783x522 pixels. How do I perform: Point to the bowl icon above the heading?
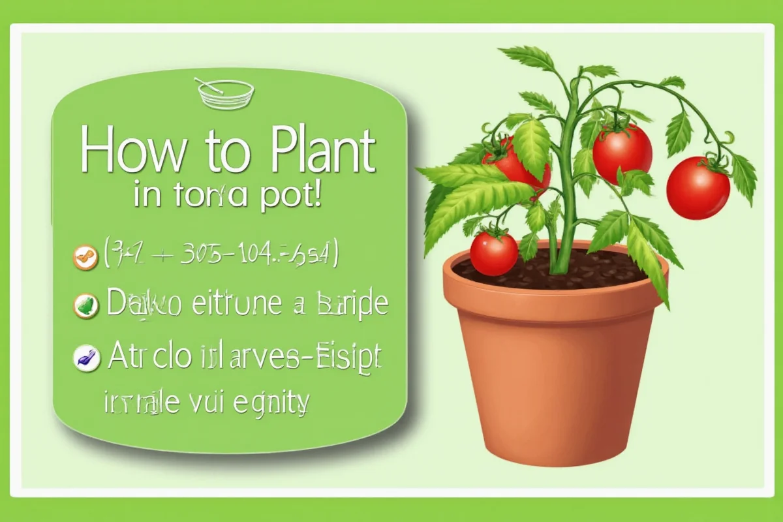coord(224,94)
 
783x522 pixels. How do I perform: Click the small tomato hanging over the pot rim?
coord(494,253)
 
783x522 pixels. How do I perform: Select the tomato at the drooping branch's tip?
coord(698,188)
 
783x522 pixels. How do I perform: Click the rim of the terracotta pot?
coord(555,290)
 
